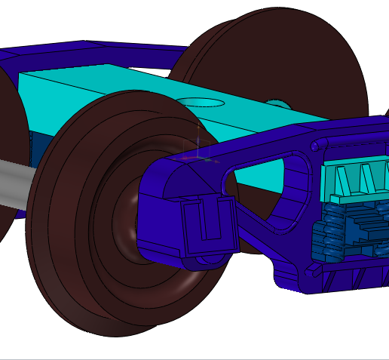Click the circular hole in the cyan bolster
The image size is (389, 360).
pyautogui.click(x=201, y=101)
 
